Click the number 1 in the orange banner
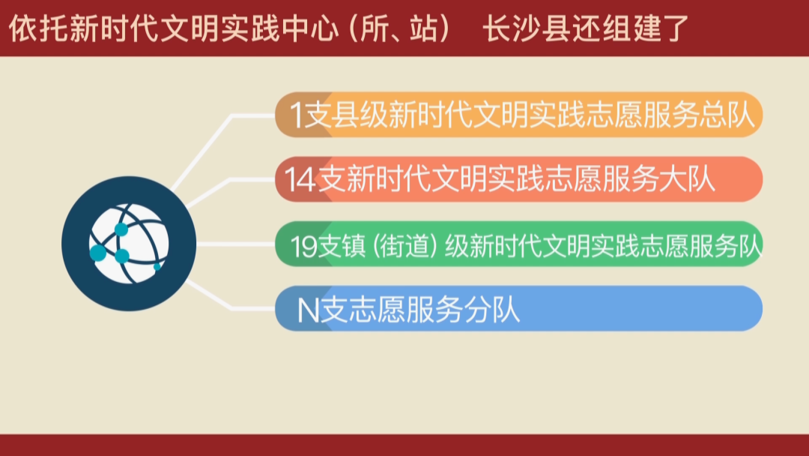tap(296, 115)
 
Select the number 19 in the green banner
tap(304, 246)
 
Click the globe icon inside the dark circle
tap(129, 244)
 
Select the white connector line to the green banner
tap(236, 244)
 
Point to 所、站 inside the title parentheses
tap(399, 29)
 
